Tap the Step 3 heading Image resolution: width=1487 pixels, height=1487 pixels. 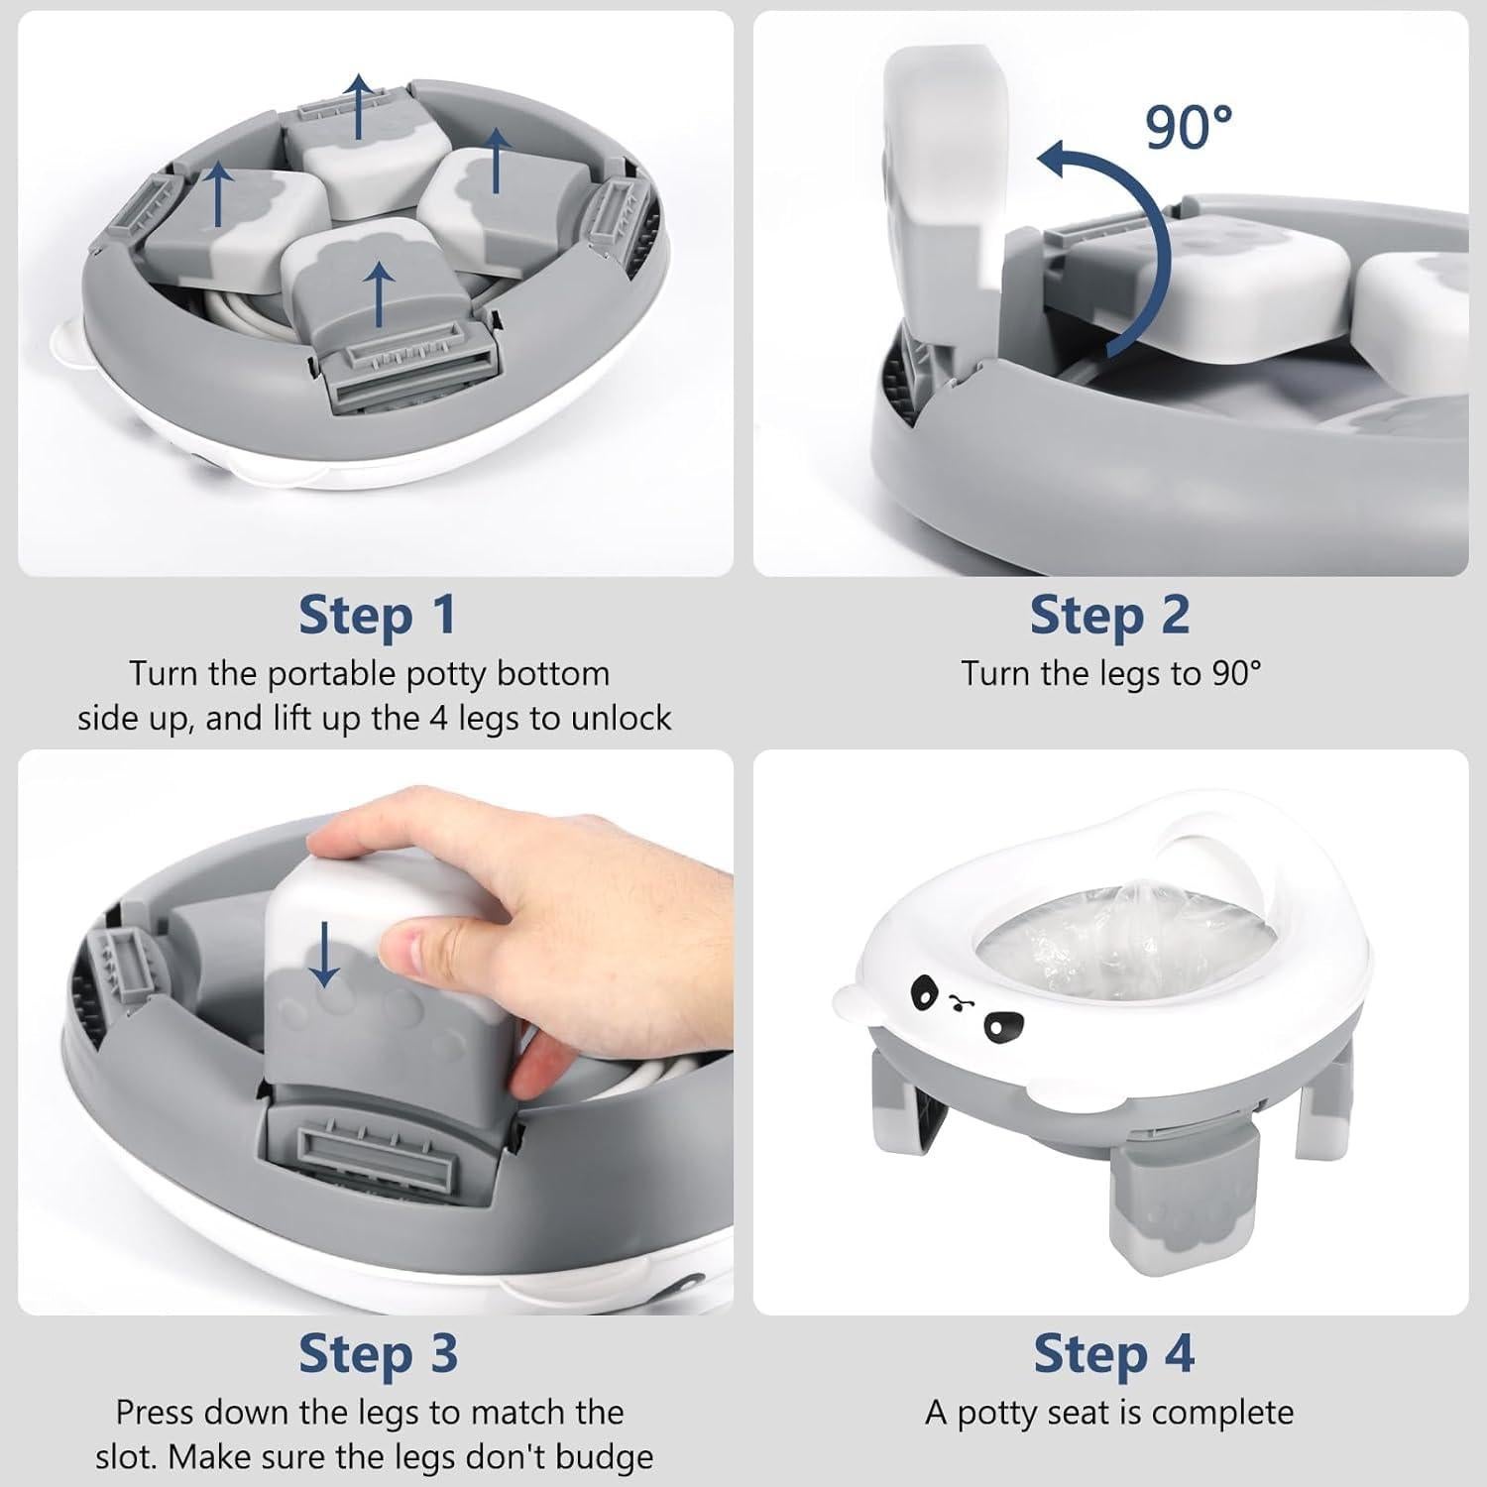[x=378, y=1354]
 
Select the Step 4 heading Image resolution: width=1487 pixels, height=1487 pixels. [x=1113, y=1354]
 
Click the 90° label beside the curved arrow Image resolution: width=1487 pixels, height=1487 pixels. [x=1189, y=128]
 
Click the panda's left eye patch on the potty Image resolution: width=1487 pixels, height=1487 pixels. [x=924, y=988]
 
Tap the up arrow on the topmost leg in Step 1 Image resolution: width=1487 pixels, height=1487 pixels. [x=358, y=104]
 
